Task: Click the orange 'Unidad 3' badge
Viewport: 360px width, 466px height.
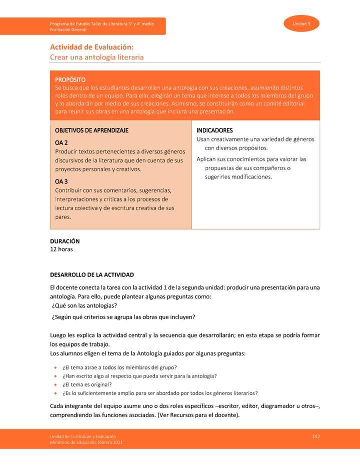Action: [301, 24]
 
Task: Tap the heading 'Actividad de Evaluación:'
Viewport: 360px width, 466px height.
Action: [91, 47]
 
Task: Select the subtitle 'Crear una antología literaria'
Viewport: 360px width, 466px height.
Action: [96, 57]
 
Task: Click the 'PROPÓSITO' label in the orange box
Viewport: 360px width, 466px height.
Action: [70, 79]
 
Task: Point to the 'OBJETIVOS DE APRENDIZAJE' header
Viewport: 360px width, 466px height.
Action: [91, 130]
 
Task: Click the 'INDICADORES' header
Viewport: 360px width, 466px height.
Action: [214, 130]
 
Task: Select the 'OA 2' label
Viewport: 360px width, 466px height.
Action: [61, 143]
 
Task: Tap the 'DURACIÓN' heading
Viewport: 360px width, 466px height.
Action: [65, 241]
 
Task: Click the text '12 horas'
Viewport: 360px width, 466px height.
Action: [61, 249]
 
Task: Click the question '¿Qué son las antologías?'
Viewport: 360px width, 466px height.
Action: [84, 305]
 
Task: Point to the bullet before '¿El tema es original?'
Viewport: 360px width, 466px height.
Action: [55, 384]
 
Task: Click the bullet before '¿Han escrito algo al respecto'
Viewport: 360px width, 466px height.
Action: [55, 376]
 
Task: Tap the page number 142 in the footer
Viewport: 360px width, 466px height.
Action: [315, 436]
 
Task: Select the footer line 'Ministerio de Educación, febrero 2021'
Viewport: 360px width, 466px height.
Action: [86, 442]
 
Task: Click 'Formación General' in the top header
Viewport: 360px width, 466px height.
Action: [68, 29]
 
